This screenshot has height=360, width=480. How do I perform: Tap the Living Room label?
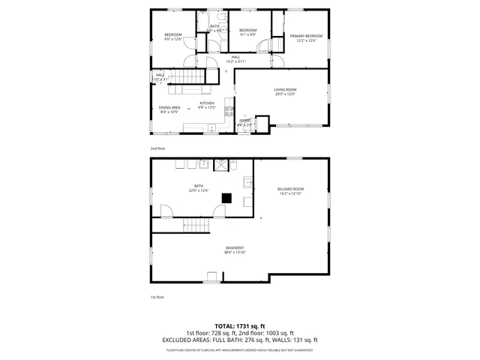(284, 89)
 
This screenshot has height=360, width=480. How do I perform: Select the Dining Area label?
(169, 107)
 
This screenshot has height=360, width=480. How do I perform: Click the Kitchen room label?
(206, 103)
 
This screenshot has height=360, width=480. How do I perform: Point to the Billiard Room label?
(290, 188)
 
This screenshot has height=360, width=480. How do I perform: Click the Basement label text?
(235, 247)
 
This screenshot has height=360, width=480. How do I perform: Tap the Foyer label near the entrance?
(244, 120)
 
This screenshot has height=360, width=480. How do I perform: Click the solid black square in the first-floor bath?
(226, 198)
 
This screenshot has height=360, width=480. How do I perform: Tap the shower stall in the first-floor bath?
(223, 165)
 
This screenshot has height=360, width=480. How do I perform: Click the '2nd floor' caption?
(157, 148)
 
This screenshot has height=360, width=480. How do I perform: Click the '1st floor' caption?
(157, 297)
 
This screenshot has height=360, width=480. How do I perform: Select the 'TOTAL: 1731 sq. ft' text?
(240, 326)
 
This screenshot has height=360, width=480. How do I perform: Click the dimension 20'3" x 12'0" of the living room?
(284, 94)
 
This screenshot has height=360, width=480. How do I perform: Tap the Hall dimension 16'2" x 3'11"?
(235, 61)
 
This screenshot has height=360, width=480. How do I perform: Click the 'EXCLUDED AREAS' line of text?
(240, 340)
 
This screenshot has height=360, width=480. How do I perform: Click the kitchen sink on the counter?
(211, 127)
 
